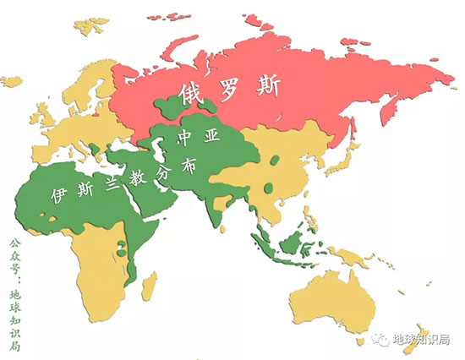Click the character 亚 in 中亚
(211, 135)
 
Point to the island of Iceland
(13, 82)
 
